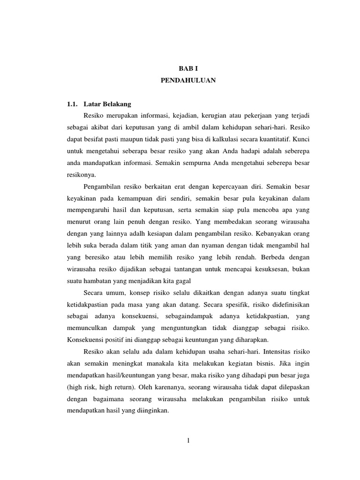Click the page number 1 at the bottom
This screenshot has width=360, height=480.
187,440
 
